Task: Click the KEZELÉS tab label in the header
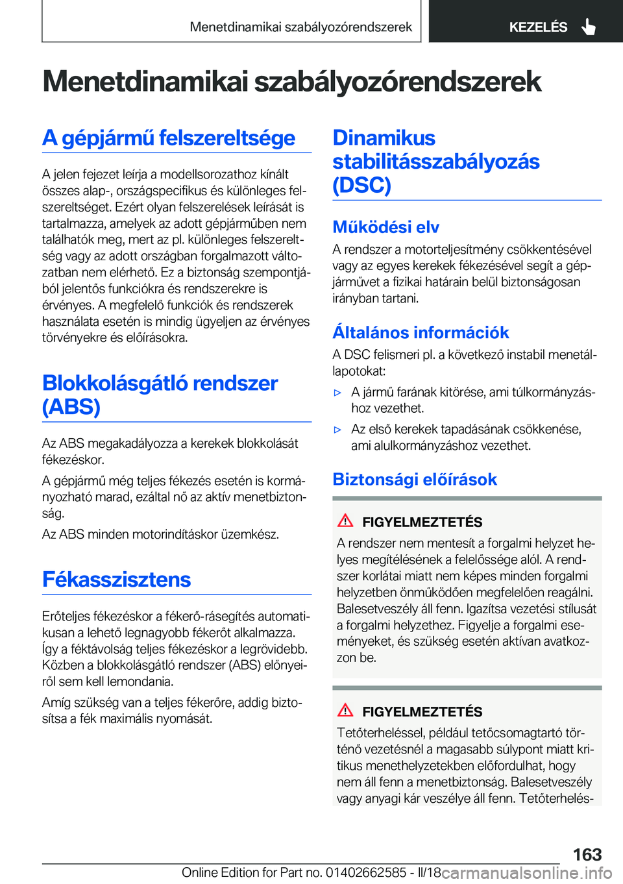[538, 27]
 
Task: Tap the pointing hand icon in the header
[588, 27]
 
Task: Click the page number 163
[587, 854]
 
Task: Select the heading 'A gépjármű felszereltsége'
[169, 138]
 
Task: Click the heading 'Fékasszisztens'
[117, 580]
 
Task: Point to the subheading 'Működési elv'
[385, 227]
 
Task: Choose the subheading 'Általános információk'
[421, 332]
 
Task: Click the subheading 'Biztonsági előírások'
[415, 480]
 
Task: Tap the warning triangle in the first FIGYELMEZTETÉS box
[345, 521]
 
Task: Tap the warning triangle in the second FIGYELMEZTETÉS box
[345, 710]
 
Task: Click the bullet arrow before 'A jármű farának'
[337, 393]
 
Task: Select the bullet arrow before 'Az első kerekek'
[337, 430]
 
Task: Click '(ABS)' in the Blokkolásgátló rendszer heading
[71, 407]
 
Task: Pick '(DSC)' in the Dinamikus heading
[361, 185]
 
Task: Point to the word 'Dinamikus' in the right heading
[384, 138]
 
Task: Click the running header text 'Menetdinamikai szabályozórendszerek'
[300, 27]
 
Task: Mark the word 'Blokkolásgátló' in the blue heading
[115, 383]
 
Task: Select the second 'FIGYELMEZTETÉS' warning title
[422, 712]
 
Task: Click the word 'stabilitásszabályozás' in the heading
[435, 162]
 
